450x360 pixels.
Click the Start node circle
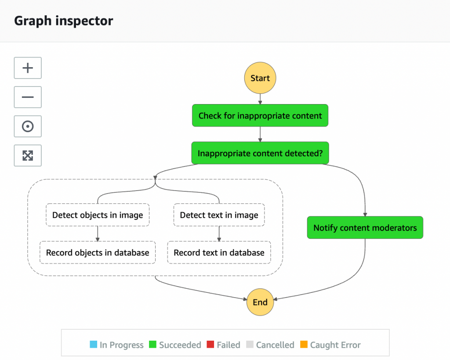click(x=260, y=78)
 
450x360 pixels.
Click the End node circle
click(x=260, y=302)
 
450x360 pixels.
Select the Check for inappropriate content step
click(x=260, y=115)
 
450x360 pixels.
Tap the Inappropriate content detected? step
click(x=260, y=153)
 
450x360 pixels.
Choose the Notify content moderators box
click(x=365, y=227)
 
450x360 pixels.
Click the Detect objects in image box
click(x=98, y=215)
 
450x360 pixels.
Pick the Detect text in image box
click(x=219, y=215)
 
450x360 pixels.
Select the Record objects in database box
click(x=98, y=252)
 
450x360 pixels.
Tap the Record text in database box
click(x=219, y=252)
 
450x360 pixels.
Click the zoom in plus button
click(x=28, y=68)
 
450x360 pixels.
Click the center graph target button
click(x=28, y=126)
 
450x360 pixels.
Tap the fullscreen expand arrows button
click(x=28, y=155)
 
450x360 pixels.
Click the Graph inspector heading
click(x=64, y=21)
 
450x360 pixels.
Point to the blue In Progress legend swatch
click(x=93, y=345)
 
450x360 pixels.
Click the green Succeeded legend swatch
click(x=152, y=345)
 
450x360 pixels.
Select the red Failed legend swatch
click(x=210, y=345)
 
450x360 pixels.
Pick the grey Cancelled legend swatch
click(x=250, y=345)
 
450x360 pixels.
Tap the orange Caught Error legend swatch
click(x=304, y=345)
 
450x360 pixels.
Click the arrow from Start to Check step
click(x=260, y=99)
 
